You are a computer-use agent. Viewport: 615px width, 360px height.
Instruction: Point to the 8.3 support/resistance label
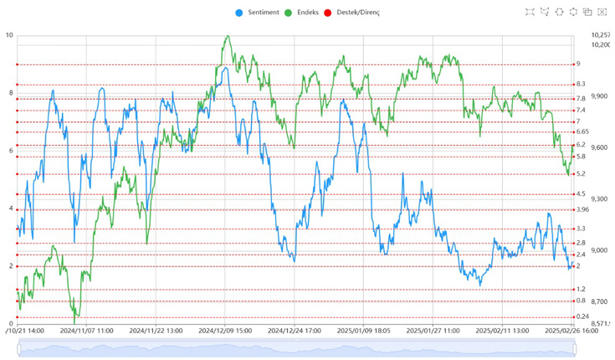581,85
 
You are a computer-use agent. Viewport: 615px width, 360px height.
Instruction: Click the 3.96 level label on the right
582,209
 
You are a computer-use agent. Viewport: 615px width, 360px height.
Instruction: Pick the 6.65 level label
582,132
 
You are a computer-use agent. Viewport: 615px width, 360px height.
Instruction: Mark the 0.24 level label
582,316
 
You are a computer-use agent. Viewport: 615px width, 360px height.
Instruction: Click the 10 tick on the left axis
9,35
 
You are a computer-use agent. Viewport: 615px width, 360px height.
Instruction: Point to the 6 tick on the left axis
9,151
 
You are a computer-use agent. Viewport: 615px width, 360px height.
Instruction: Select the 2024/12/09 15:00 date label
225,331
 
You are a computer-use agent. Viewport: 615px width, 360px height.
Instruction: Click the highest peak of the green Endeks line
228,37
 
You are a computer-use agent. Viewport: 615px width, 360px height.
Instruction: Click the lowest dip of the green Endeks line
75,321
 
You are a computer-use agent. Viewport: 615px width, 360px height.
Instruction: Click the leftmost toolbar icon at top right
530,12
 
